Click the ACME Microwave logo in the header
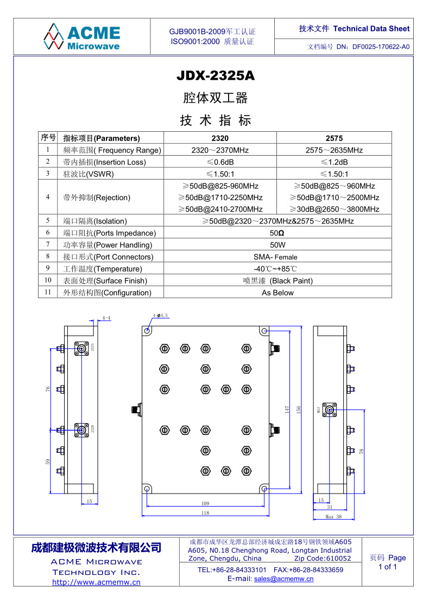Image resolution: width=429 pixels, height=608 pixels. (82, 36)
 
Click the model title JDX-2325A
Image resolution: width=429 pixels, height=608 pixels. (216, 76)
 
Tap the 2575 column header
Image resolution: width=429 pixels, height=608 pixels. (334, 138)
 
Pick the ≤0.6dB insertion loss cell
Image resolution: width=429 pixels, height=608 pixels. (220, 162)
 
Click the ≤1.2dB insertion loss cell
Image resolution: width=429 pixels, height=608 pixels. (334, 162)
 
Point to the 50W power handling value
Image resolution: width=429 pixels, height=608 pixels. (277, 245)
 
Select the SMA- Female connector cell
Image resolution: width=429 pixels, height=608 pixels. (275, 257)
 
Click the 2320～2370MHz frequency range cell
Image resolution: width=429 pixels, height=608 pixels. (220, 150)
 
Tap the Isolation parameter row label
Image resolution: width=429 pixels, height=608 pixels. (95, 221)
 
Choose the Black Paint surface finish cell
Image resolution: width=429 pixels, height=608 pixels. (277, 281)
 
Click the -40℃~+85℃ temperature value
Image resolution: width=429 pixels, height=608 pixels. (275, 269)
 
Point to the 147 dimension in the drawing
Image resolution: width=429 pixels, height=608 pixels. (287, 411)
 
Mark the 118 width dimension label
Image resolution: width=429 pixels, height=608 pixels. (205, 513)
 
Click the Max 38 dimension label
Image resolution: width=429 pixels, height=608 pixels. (333, 517)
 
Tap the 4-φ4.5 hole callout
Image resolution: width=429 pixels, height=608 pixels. (160, 315)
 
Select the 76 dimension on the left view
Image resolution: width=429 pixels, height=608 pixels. (48, 389)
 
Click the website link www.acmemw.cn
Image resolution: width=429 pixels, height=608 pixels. (96, 582)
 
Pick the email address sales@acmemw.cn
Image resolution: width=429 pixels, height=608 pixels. (284, 579)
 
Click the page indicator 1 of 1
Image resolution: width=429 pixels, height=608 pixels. (388, 567)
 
